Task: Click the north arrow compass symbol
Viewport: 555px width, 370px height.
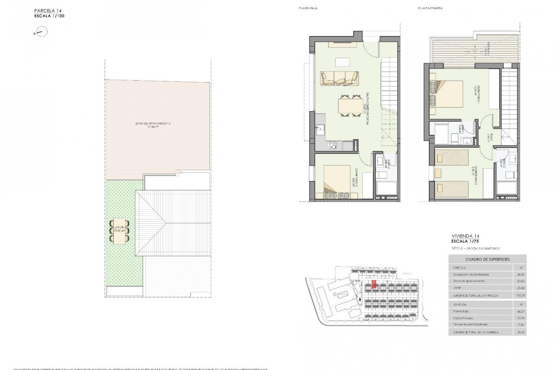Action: pyautogui.click(x=42, y=32)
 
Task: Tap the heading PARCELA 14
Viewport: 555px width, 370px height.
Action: pyautogui.click(x=48, y=11)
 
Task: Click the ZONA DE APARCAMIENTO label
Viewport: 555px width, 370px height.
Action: pyautogui.click(x=153, y=123)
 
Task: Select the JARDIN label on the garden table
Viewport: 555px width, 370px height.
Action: pyautogui.click(x=119, y=229)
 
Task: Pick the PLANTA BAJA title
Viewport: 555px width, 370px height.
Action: pyautogui.click(x=308, y=8)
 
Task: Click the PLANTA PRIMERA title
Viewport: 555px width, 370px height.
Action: pyautogui.click(x=430, y=8)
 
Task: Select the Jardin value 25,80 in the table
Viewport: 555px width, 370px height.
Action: pyautogui.click(x=522, y=288)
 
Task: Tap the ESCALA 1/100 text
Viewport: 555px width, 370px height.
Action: pyautogui.click(x=49, y=16)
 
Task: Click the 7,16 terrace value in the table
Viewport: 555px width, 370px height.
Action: pyautogui.click(x=522, y=325)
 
